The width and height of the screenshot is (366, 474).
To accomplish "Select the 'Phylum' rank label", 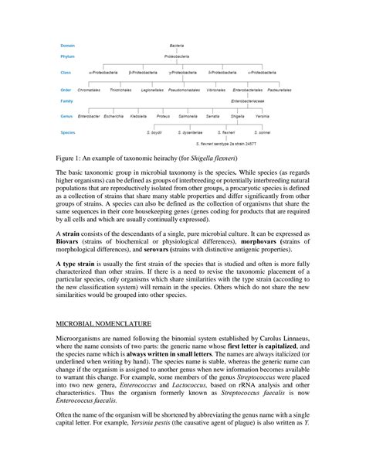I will [69, 56].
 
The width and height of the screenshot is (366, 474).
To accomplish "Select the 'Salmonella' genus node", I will [188, 116].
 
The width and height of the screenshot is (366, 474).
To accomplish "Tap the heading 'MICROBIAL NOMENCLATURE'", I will [99, 340].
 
